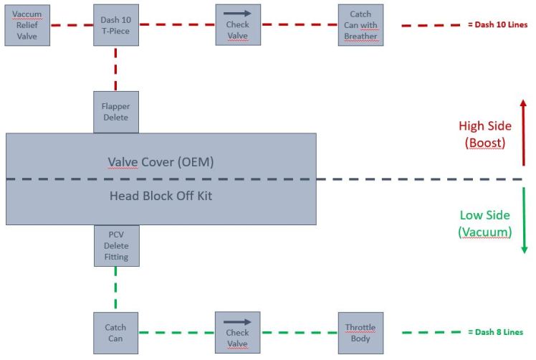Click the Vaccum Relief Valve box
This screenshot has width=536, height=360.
pyautogui.click(x=28, y=25)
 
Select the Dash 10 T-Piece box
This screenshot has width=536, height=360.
pyautogui.click(x=115, y=25)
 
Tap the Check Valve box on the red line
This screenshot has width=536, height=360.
pyautogui.click(x=237, y=25)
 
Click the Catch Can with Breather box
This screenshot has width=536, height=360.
pyautogui.click(x=360, y=25)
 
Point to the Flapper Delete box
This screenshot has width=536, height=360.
pyautogui.click(x=115, y=112)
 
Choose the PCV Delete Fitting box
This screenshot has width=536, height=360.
pyautogui.click(x=115, y=246)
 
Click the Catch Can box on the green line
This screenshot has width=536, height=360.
pyautogui.click(x=115, y=333)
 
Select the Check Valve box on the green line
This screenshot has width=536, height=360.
pyautogui.click(x=237, y=333)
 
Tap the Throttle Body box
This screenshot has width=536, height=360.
pyautogui.click(x=360, y=333)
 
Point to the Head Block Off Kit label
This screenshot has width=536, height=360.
pyautogui.click(x=160, y=195)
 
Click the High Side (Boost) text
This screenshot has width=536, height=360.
pyautogui.click(x=484, y=134)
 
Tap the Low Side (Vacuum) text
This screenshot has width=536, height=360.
pyautogui.click(x=484, y=223)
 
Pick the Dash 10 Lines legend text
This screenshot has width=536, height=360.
pyautogui.click(x=497, y=24)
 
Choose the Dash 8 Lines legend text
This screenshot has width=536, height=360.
pyautogui.click(x=495, y=332)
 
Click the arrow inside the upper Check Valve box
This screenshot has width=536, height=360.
pyautogui.click(x=237, y=13)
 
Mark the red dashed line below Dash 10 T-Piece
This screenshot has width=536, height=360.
pyautogui.click(x=115, y=68)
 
